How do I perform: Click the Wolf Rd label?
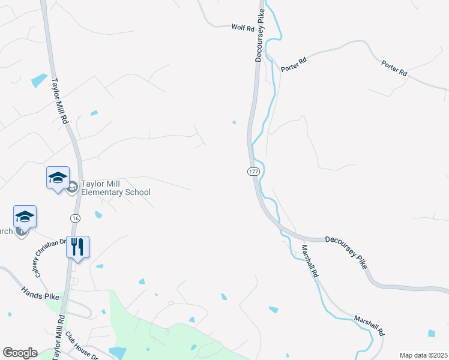[x=243, y=26]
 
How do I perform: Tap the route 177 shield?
[x=253, y=172]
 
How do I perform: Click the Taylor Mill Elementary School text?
[x=116, y=188]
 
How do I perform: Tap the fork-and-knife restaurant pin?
[x=77, y=247]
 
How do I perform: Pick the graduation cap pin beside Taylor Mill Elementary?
[x=58, y=178]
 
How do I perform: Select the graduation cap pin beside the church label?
[x=25, y=217]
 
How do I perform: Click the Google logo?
[x=20, y=353]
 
